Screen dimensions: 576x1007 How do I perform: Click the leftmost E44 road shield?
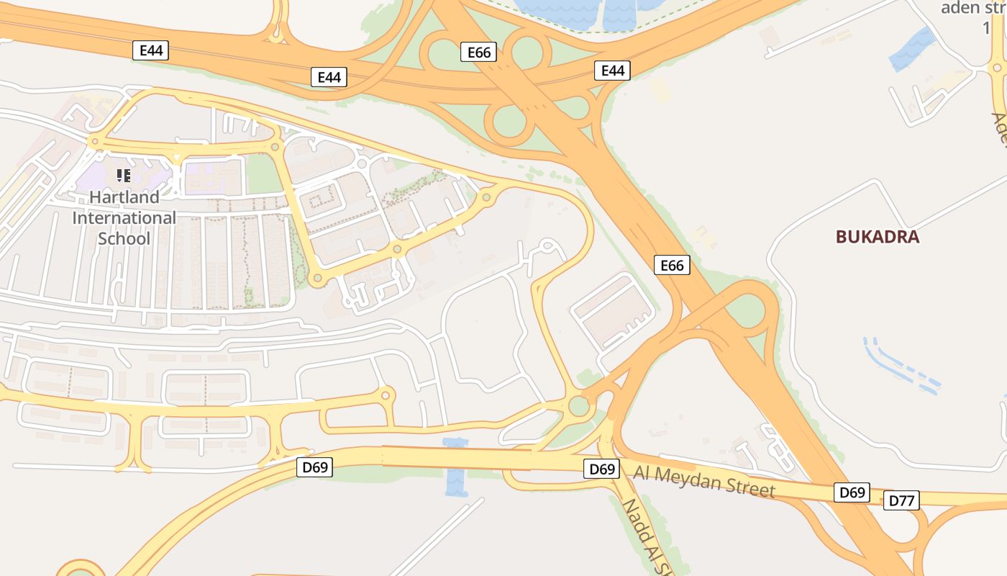pyautogui.click(x=151, y=50)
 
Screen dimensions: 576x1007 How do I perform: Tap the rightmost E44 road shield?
pyautogui.click(x=612, y=70)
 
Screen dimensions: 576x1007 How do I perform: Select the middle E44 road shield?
pyautogui.click(x=329, y=77)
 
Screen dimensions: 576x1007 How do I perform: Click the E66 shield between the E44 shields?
pyautogui.click(x=478, y=52)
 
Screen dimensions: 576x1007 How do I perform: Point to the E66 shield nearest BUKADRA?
pyautogui.click(x=672, y=265)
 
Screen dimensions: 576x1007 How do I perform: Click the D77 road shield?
pyautogui.click(x=901, y=500)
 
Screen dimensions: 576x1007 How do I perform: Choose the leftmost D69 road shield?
pyautogui.click(x=314, y=467)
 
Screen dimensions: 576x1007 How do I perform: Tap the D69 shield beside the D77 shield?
pyautogui.click(x=852, y=492)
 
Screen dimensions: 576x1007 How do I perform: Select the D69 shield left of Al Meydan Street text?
pyautogui.click(x=601, y=469)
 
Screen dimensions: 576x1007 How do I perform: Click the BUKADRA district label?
pyautogui.click(x=878, y=237)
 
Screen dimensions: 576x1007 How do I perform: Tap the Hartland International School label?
pyautogui.click(x=124, y=217)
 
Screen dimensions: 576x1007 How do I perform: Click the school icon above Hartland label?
pyautogui.click(x=123, y=175)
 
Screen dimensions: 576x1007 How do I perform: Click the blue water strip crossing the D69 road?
pyautogui.click(x=456, y=468)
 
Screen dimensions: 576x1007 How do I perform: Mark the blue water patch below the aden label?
pyautogui.click(x=913, y=49)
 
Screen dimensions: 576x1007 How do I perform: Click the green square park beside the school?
pyautogui.click(x=263, y=174)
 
